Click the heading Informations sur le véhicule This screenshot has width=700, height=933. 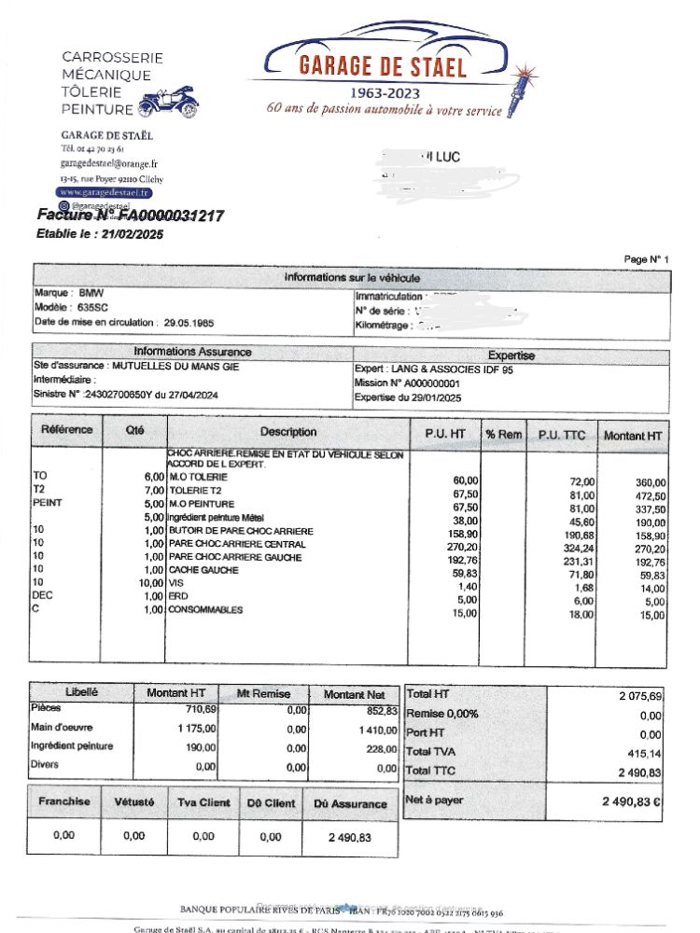click(x=352, y=278)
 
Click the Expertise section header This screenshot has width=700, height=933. click(x=511, y=355)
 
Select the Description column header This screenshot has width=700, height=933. click(x=288, y=432)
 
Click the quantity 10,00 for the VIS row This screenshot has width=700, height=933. click(x=149, y=583)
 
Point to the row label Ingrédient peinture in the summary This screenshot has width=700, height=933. click(x=72, y=746)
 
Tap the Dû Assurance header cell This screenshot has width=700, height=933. click(x=350, y=803)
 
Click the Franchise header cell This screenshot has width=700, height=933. click(x=64, y=801)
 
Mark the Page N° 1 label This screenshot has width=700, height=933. click(x=647, y=258)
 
